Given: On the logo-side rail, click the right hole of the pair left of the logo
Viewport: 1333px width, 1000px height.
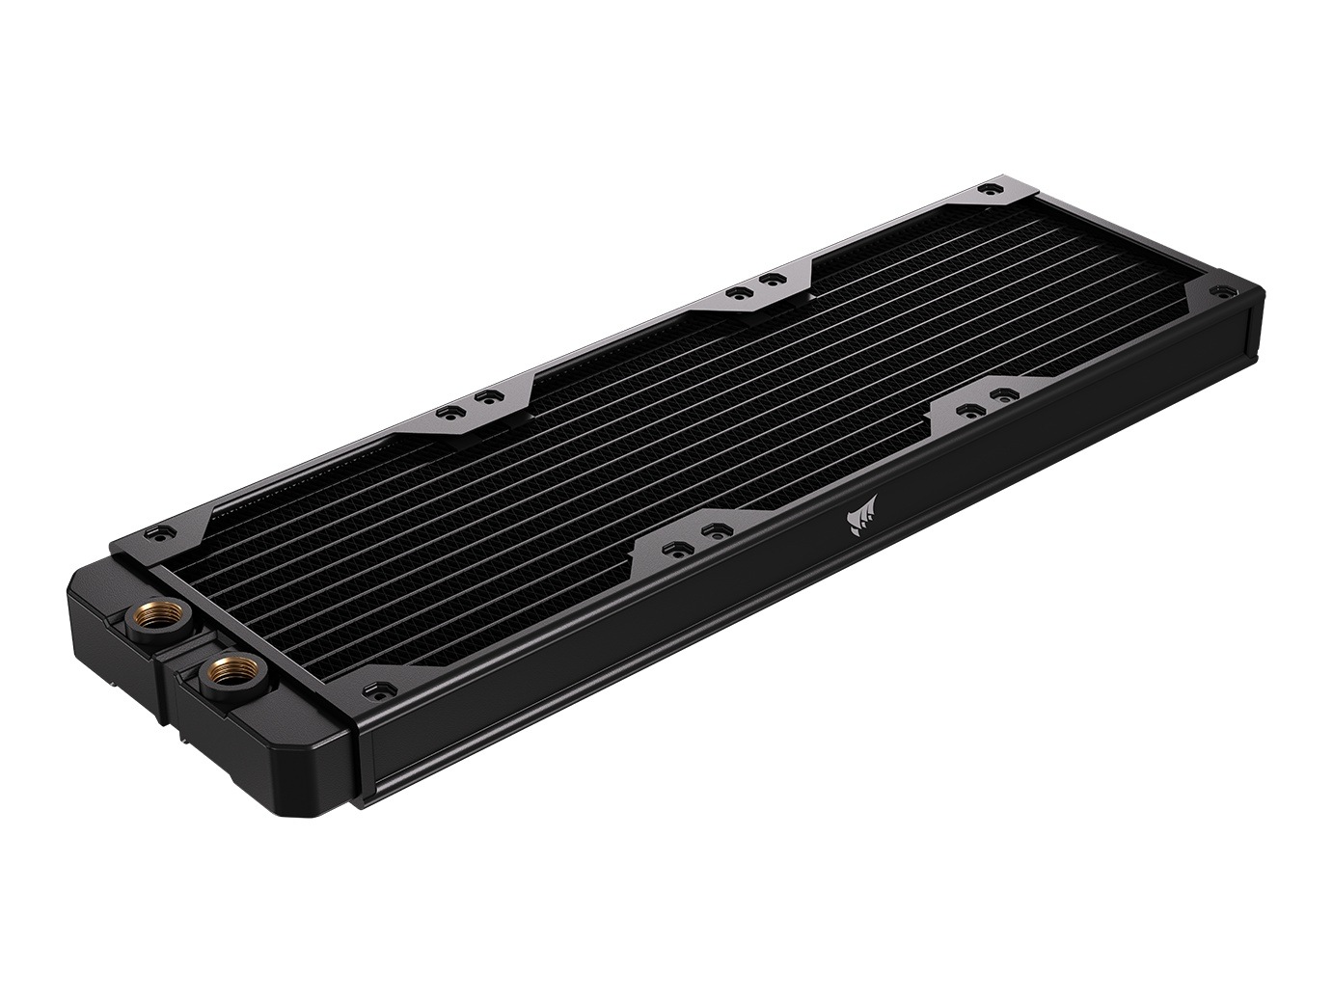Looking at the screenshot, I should pyautogui.click(x=713, y=530).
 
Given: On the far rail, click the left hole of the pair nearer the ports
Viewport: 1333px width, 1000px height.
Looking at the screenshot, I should pyautogui.click(x=448, y=412).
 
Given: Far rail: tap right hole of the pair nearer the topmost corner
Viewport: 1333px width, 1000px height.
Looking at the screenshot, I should pyautogui.click(x=768, y=278).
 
